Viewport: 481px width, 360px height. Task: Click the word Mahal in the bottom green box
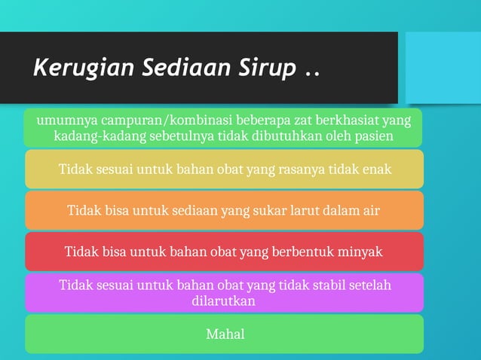click(x=225, y=334)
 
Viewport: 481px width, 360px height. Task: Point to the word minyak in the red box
click(x=360, y=252)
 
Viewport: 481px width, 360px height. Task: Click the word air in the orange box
click(x=370, y=210)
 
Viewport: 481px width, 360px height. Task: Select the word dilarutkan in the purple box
click(x=225, y=301)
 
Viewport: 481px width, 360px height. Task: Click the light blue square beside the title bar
click(x=443, y=67)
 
